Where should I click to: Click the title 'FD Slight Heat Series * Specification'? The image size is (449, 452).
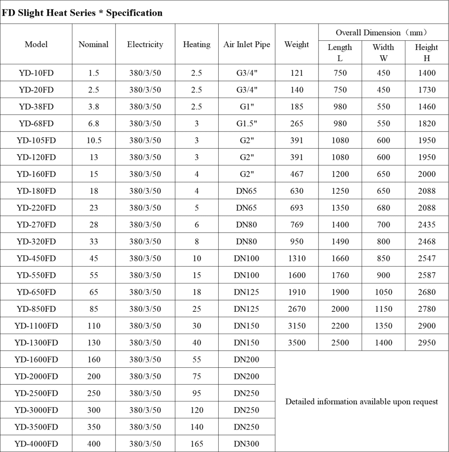coord(82,13)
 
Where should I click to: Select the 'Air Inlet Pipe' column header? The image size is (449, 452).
coord(247,44)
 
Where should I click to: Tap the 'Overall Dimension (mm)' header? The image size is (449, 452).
coord(383,33)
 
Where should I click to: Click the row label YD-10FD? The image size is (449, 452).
coord(36,73)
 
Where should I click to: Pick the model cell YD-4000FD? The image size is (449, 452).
coord(36,444)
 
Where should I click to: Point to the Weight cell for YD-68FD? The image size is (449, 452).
coord(296,124)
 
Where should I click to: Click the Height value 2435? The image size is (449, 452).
coord(427,225)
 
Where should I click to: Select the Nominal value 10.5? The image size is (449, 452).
coord(94,140)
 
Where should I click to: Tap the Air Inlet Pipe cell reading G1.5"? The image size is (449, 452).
coord(247,124)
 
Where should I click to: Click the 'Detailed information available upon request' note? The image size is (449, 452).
coord(361,402)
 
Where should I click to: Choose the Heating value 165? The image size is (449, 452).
coord(197,444)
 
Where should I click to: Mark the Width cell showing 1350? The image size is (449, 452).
coord(383,326)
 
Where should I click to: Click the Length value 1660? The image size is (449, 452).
coord(340,259)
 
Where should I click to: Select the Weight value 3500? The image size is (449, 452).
coord(296,343)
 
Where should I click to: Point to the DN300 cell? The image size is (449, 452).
coord(247,444)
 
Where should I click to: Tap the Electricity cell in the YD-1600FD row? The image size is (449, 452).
coord(145,359)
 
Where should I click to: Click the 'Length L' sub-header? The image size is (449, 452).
coord(340,53)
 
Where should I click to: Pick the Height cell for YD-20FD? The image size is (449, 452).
coord(427,90)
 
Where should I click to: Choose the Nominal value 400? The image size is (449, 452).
coord(94,444)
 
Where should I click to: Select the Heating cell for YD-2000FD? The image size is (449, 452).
coord(197,376)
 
